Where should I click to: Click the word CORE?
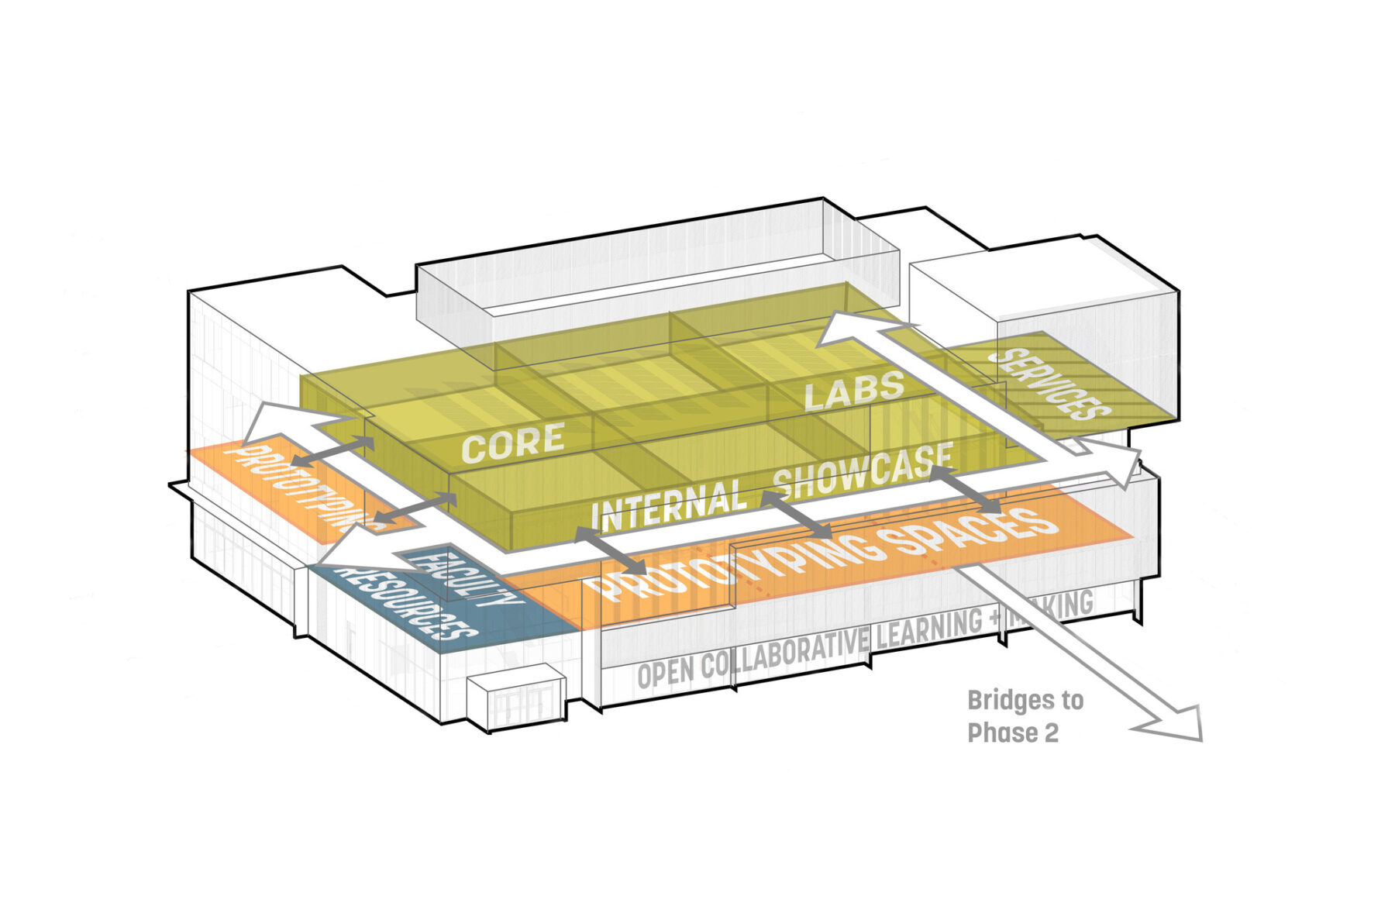point(513,442)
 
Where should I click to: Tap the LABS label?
point(854,390)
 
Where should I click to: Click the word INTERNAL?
point(668,504)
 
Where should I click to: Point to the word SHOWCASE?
point(863,471)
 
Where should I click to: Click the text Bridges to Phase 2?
point(1025,716)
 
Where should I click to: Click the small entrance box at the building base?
point(515,703)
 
